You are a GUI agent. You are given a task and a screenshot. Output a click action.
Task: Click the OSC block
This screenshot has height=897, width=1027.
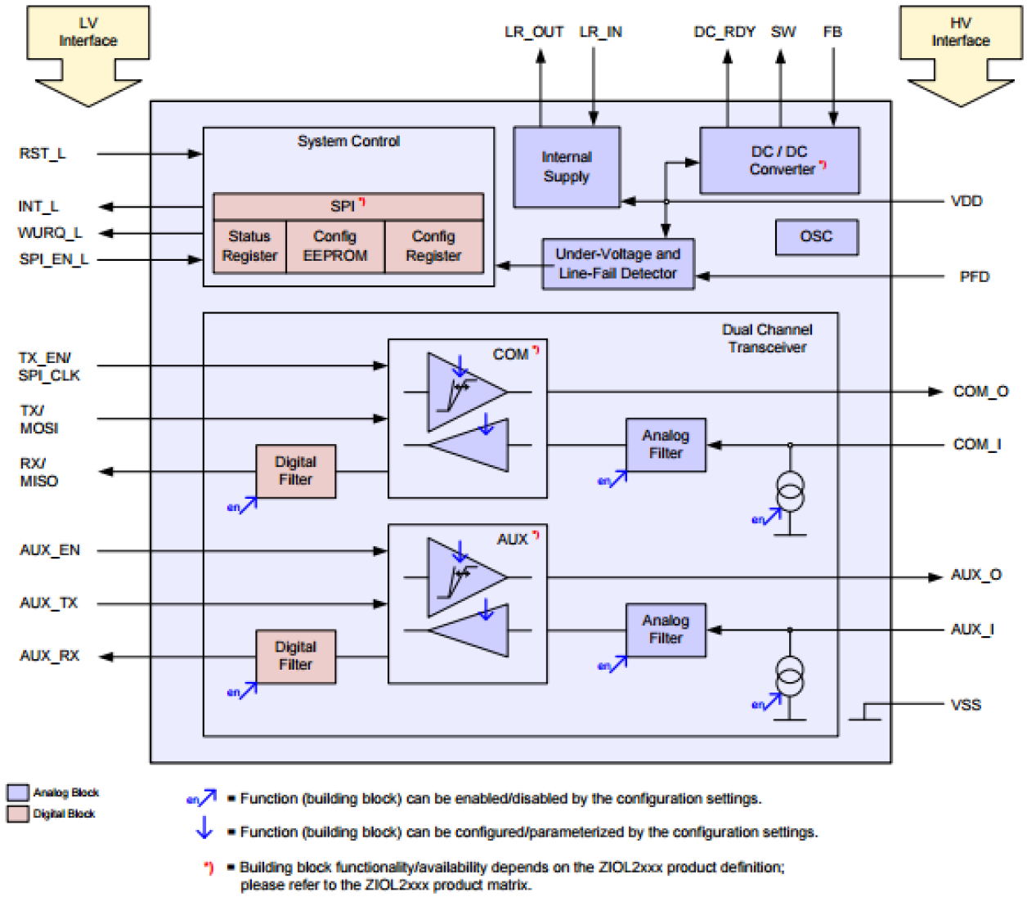[816, 237]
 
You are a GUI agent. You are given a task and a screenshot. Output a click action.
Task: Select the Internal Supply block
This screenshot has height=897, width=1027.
[566, 167]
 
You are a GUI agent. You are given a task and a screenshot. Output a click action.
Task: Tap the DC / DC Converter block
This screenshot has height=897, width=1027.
[779, 160]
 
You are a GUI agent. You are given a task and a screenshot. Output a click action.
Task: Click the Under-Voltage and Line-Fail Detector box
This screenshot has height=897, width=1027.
[617, 264]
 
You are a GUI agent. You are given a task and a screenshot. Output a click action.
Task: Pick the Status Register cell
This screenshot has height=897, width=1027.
[249, 246]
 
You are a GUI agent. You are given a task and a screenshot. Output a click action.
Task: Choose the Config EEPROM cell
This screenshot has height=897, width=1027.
[335, 246]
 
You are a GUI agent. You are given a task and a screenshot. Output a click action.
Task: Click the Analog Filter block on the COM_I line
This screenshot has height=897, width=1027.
[666, 445]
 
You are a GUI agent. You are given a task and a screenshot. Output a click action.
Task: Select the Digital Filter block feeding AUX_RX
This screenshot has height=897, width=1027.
[295, 656]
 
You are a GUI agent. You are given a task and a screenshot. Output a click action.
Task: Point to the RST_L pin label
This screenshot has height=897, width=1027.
[43, 154]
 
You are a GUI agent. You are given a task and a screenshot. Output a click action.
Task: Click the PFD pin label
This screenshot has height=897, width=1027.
[974, 277]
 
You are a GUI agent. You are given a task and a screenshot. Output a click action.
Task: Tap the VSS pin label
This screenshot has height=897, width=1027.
[966, 705]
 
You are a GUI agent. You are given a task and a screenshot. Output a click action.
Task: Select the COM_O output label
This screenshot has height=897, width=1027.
[980, 392]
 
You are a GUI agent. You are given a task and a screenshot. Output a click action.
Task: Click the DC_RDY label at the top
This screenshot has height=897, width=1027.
[724, 32]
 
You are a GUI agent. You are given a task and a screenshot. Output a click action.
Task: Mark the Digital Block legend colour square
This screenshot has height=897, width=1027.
[18, 814]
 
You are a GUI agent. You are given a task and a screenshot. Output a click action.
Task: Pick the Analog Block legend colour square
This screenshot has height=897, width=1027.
[18, 792]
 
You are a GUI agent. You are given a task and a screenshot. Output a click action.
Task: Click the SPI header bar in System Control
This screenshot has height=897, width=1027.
[348, 206]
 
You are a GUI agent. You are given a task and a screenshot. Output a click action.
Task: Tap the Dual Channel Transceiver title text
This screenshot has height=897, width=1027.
[767, 339]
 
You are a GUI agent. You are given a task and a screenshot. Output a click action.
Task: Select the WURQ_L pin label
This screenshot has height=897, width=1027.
[50, 233]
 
